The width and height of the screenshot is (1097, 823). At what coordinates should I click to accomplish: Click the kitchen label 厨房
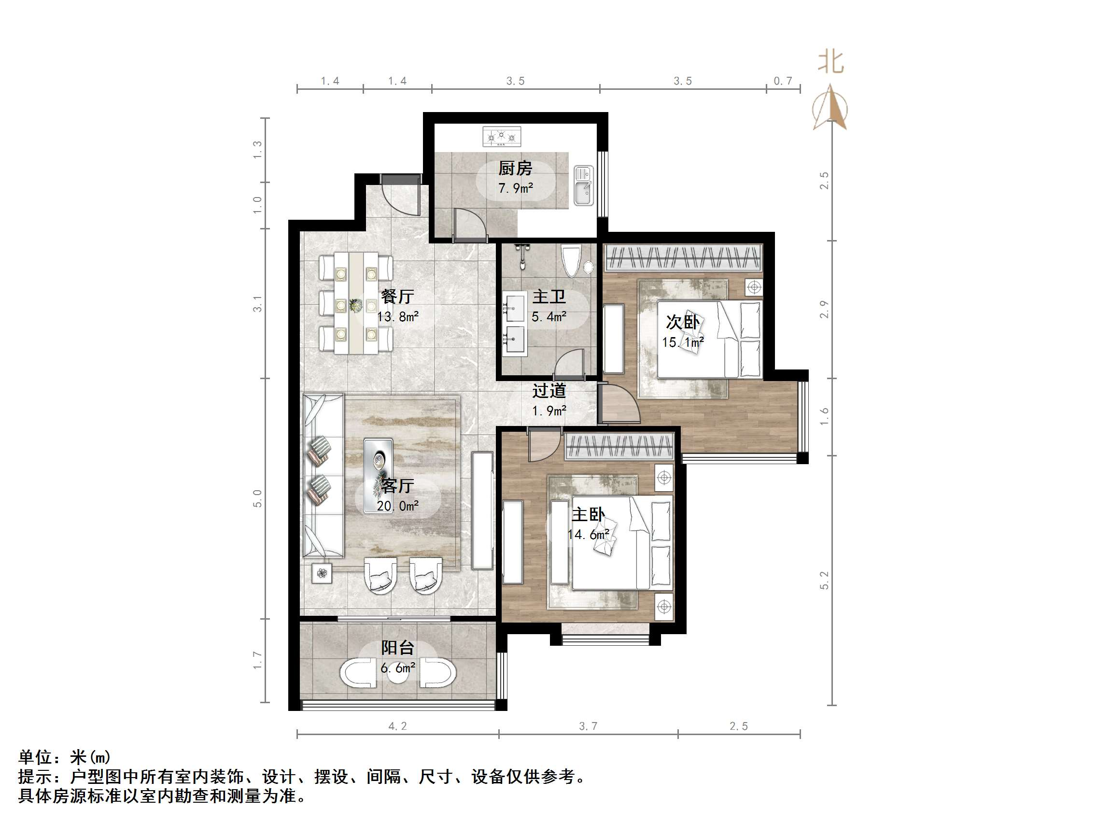click(x=515, y=169)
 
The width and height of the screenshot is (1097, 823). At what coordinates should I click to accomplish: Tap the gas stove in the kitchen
click(x=502, y=136)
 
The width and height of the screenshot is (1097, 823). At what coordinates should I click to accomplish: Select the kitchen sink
click(x=584, y=185)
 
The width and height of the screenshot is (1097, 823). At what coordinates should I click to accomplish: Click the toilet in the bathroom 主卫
click(x=571, y=260)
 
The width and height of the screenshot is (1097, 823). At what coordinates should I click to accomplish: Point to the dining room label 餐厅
click(x=397, y=297)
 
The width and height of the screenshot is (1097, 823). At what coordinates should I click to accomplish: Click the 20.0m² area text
click(x=397, y=506)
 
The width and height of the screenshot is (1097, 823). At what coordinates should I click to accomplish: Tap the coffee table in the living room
click(x=379, y=461)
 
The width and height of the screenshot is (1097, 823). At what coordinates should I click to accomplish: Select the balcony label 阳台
click(x=397, y=647)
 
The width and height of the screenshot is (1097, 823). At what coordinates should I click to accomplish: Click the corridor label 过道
click(x=549, y=391)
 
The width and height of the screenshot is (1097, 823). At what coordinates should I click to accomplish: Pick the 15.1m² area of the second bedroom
click(x=683, y=342)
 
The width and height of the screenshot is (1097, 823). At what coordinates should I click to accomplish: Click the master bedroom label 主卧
click(x=588, y=514)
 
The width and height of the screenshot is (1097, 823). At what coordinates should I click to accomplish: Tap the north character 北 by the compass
click(x=830, y=62)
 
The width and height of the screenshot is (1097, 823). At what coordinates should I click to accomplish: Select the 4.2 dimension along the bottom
click(x=397, y=726)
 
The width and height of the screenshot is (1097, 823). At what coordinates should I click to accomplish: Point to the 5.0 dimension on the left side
click(x=257, y=498)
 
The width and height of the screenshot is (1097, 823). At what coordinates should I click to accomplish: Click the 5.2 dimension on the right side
click(x=824, y=580)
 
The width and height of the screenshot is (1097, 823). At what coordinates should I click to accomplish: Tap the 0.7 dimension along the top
click(x=783, y=81)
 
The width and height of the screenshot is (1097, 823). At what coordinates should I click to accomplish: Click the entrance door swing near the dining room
click(x=401, y=196)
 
